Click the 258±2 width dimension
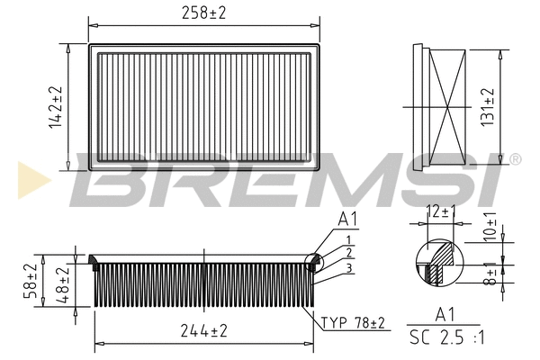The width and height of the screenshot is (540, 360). tap(205, 13)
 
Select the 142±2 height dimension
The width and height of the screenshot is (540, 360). tap(57, 105)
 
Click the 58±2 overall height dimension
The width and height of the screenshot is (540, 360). tap(31, 280)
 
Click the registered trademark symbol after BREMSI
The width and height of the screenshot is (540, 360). tap(516, 159)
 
